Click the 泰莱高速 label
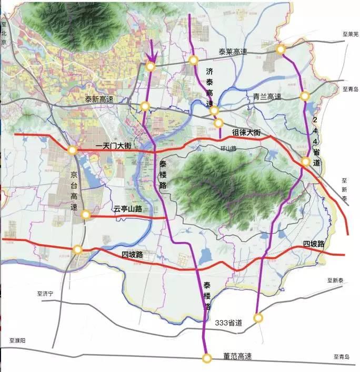point(233,52)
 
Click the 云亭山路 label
point(128,209)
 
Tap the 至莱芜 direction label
point(350,34)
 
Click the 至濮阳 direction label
point(17,341)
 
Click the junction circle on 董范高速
point(207,358)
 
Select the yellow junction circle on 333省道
point(257,318)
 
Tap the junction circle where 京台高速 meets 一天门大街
point(72,150)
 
